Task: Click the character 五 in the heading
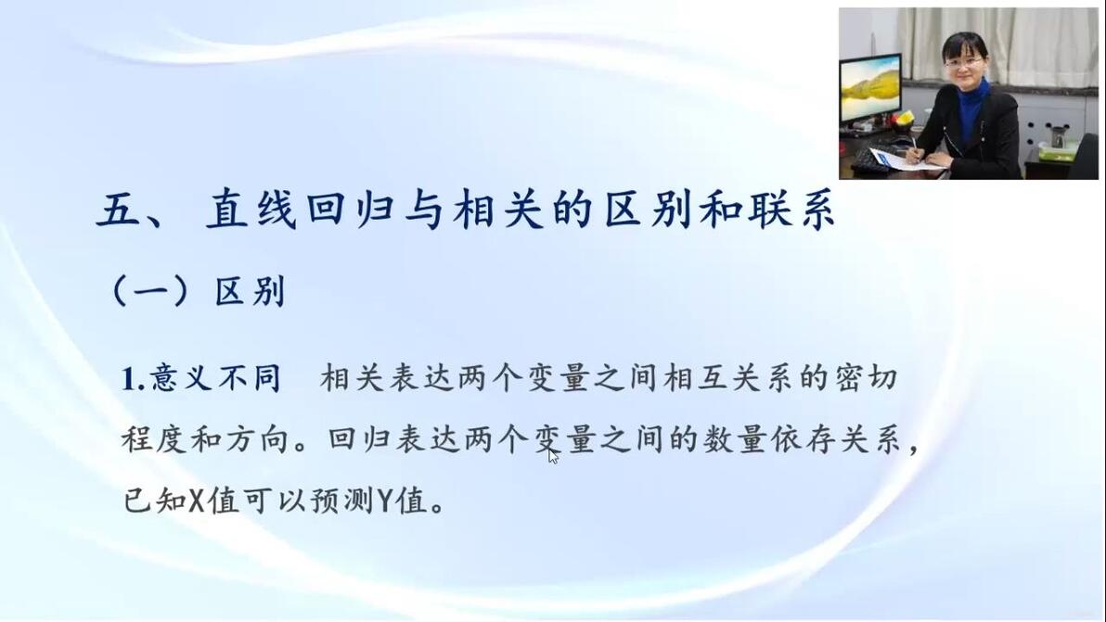click(x=119, y=209)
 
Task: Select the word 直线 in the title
click(x=251, y=209)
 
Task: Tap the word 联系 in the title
click(x=791, y=209)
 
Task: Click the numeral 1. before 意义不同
click(x=134, y=379)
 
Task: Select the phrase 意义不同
click(x=216, y=378)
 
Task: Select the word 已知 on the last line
click(x=155, y=501)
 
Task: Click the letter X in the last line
click(x=197, y=501)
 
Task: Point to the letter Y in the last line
click(x=384, y=501)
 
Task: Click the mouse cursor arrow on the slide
click(x=554, y=456)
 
